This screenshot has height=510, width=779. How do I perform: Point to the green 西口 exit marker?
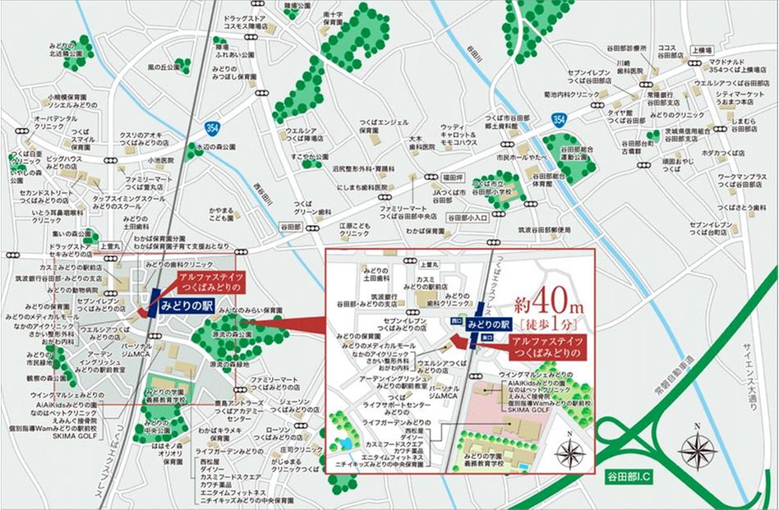[x=458, y=321]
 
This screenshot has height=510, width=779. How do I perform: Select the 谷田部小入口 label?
[x=467, y=218]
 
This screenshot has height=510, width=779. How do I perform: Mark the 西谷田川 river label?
[x=265, y=194]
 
